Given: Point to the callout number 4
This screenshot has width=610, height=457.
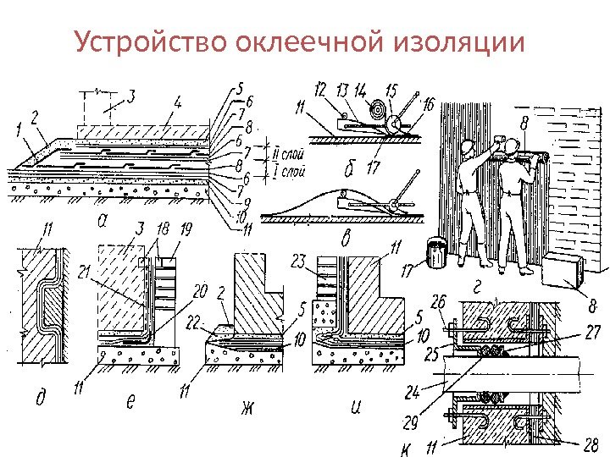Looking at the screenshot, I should coord(177,103).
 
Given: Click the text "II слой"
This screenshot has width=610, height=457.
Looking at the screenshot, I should coord(290,153).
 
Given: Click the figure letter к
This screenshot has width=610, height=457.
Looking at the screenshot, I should coord(403,446).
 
